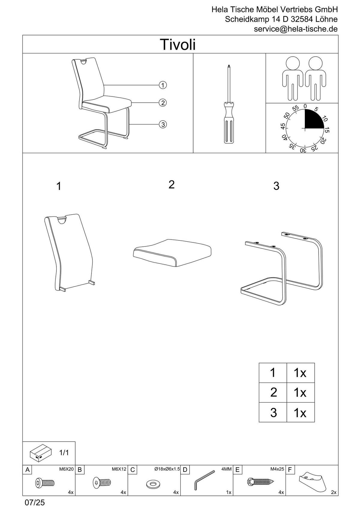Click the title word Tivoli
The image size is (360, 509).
point(178,44)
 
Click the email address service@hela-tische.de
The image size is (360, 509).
point(295,29)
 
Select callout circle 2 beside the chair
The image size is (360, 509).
point(163,103)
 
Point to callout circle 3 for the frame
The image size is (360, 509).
point(163,124)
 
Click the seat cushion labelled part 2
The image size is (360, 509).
point(172,252)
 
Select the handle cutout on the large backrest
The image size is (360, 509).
point(62,220)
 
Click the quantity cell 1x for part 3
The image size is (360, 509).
point(300,413)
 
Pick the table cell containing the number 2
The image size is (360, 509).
point(273,392)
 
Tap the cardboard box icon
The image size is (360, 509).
point(39,452)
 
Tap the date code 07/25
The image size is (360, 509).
point(35,503)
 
